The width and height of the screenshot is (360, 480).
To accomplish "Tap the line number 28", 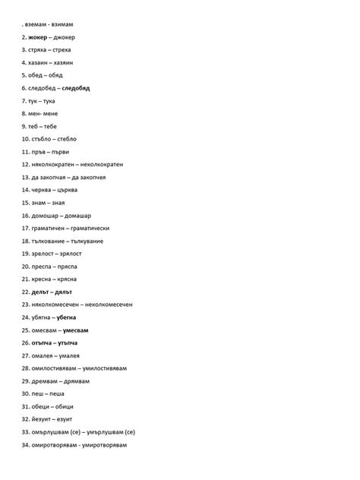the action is [25, 368].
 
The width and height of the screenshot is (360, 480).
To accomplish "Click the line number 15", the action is [25, 203].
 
